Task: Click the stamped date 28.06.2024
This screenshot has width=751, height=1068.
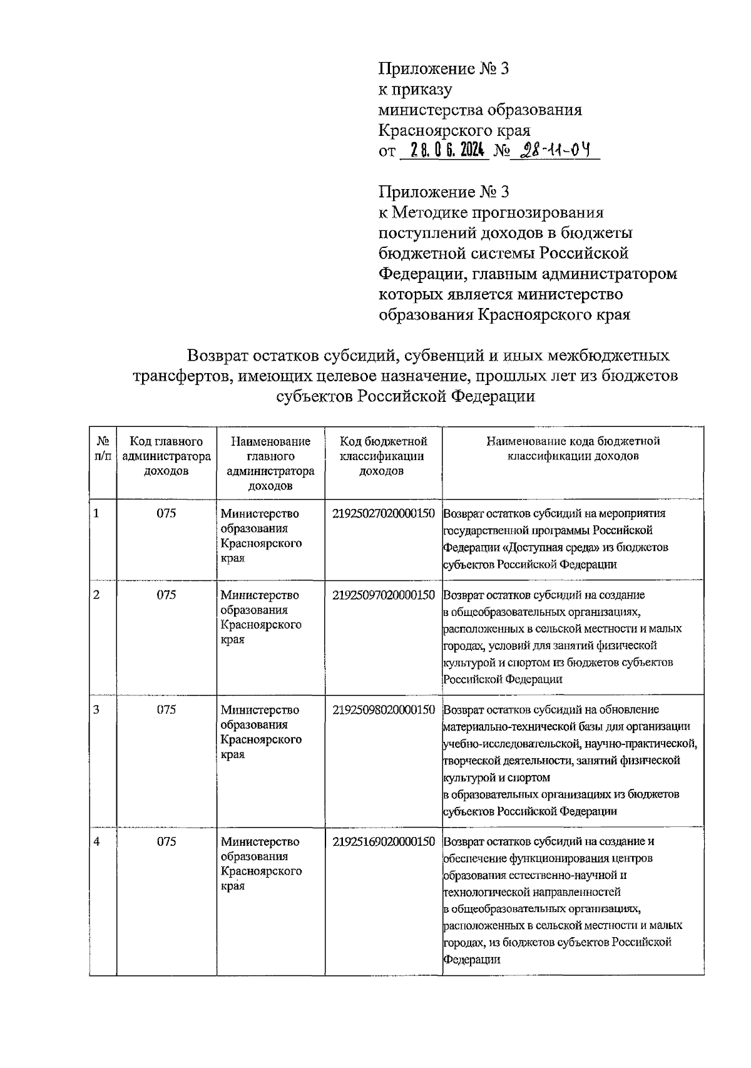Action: click(444, 150)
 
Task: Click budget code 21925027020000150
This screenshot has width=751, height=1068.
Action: click(383, 513)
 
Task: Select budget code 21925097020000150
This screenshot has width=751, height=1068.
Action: click(383, 595)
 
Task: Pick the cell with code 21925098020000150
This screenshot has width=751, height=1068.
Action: click(383, 709)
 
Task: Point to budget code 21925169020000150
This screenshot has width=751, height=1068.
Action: click(383, 841)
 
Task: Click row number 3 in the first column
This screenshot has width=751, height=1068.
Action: click(96, 709)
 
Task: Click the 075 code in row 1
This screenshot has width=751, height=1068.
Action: click(166, 513)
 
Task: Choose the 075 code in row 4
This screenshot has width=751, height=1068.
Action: click(166, 841)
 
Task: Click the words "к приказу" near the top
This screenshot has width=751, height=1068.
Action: click(415, 90)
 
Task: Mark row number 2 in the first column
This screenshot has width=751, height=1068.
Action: click(96, 595)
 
